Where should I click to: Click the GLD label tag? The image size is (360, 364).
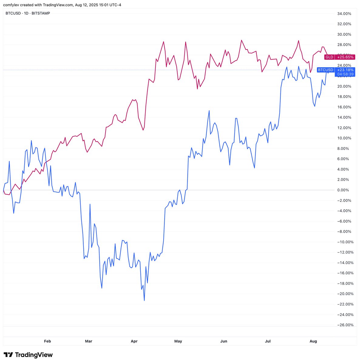[x=329, y=57]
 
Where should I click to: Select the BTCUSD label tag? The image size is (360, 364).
[x=325, y=70]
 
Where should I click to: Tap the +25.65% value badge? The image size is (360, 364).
[x=345, y=57]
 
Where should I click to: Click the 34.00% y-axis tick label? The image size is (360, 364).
[x=344, y=14]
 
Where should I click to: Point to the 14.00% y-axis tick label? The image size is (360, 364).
[x=344, y=117]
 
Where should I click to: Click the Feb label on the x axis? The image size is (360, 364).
[x=47, y=341]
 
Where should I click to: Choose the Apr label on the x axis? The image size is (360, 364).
[x=134, y=341]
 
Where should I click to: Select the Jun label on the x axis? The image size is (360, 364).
[x=224, y=341]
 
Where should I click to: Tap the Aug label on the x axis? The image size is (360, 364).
[x=313, y=341]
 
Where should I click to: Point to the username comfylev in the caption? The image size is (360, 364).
[x=11, y=5]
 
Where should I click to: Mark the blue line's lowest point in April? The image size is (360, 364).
[x=144, y=301]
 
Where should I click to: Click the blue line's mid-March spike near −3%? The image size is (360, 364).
[x=90, y=204]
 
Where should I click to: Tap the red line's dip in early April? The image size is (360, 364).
[x=143, y=130]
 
